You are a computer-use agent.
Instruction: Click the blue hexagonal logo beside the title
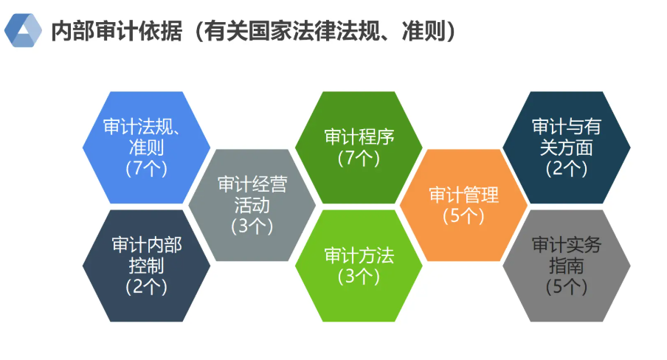(23, 30)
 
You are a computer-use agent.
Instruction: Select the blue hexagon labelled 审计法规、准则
(146, 148)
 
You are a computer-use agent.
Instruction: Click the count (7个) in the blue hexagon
(146, 168)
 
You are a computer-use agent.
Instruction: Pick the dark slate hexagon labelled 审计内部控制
(146, 266)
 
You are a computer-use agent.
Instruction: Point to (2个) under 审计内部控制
(146, 287)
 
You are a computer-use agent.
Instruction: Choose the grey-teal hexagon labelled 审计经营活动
(252, 205)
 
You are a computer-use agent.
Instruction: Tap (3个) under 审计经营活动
(252, 226)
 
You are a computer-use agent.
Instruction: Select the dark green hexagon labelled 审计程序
(359, 148)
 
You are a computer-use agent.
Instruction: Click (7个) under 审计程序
(359, 158)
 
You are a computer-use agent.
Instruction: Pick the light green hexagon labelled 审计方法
(359, 266)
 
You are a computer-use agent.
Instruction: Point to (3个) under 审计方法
(359, 277)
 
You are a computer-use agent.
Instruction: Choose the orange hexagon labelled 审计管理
(463, 205)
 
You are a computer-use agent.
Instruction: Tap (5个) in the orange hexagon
(463, 215)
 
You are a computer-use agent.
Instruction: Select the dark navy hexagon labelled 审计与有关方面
(567, 148)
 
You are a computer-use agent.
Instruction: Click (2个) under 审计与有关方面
(567, 168)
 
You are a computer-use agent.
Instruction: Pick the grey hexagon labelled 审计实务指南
(567, 266)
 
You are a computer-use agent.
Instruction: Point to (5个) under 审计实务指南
(567, 287)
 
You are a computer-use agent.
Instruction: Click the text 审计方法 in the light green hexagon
(359, 256)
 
